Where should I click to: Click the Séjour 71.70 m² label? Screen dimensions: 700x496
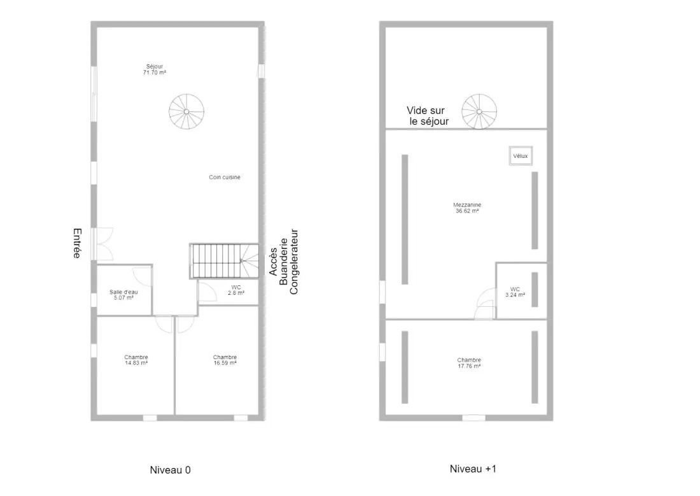tap(155, 69)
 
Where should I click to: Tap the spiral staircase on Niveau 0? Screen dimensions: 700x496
tap(186, 111)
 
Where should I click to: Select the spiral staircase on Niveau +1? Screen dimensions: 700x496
tap(479, 111)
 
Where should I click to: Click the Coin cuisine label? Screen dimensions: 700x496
tap(225, 178)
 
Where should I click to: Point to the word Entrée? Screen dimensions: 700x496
tap(77, 243)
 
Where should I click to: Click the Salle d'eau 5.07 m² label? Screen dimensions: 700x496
tap(123, 295)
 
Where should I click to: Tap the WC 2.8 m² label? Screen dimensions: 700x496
tap(236, 290)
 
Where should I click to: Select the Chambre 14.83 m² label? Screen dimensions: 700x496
tap(136, 360)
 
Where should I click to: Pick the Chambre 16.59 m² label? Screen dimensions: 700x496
tap(225, 360)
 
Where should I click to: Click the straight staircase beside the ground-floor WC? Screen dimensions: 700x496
tap(224, 262)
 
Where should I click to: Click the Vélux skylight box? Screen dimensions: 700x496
tap(521, 156)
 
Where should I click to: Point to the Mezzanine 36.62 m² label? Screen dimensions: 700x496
tap(468, 208)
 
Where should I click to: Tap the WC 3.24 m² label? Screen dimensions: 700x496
tap(515, 292)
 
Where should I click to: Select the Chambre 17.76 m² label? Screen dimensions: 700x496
tap(469, 363)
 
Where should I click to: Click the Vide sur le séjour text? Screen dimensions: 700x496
tap(428, 116)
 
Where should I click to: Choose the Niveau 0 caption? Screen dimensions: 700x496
tap(170, 470)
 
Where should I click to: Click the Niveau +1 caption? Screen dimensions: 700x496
tap(473, 469)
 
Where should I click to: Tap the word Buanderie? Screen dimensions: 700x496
tap(283, 262)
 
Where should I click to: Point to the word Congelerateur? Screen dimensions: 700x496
tap(294, 262)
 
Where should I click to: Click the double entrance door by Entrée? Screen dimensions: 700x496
tap(102, 244)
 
